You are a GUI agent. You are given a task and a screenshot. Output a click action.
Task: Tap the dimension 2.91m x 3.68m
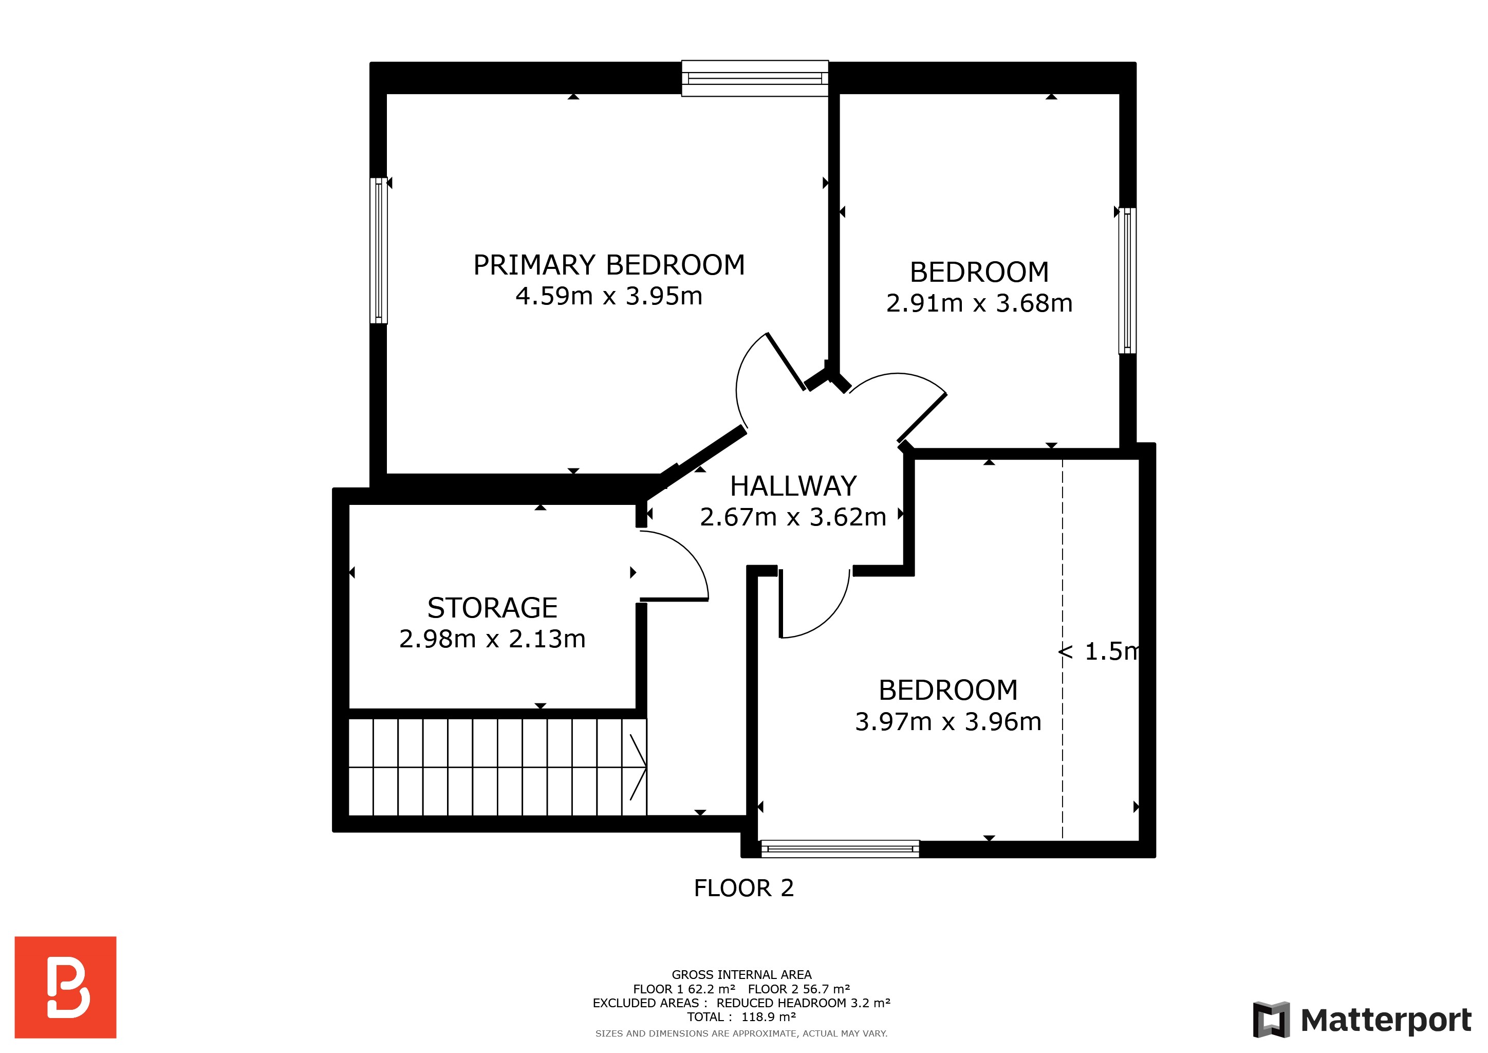tap(979, 303)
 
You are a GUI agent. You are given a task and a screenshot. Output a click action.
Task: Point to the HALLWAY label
tap(793, 486)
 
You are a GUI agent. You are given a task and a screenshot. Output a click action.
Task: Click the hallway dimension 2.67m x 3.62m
tap(793, 517)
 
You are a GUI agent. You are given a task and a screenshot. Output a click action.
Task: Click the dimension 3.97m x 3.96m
tap(947, 722)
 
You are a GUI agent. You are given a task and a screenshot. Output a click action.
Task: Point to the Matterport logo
tap(1362, 1020)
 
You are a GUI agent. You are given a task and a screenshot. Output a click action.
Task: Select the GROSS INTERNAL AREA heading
tap(741, 974)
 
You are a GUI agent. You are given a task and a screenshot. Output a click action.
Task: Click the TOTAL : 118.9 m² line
tap(741, 1016)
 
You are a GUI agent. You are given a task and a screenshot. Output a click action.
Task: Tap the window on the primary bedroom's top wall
tap(754, 79)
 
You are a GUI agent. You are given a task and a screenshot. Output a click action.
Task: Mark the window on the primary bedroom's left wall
tap(379, 250)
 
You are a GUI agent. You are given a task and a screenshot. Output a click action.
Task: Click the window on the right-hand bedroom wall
tap(1128, 281)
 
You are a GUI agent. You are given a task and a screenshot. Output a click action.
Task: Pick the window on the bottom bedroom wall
tap(840, 849)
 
